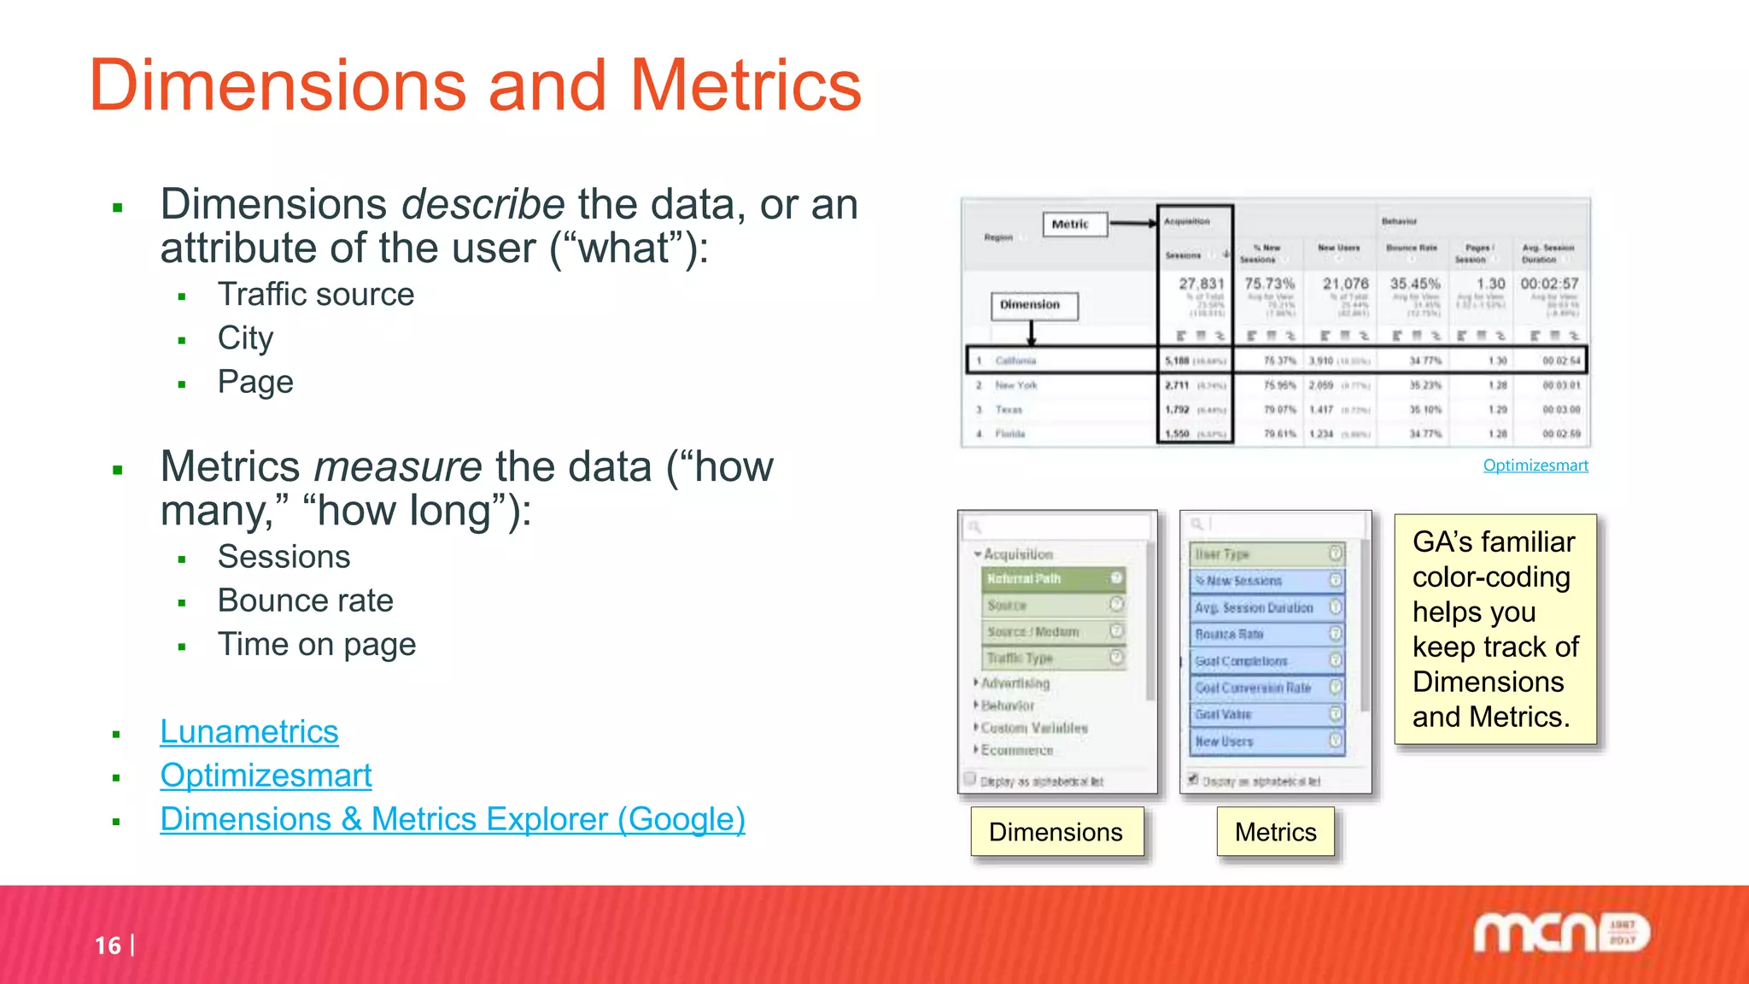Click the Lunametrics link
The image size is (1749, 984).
click(x=249, y=732)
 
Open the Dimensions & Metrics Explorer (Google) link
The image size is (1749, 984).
click(x=452, y=819)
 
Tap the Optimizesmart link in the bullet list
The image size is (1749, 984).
click(x=266, y=776)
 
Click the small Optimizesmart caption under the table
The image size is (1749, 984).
click(x=1535, y=466)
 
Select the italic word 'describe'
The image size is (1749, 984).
click(x=483, y=205)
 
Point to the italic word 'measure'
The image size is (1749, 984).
click(x=398, y=467)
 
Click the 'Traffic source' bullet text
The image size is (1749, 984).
click(x=315, y=295)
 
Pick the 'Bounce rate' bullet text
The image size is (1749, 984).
click(x=305, y=600)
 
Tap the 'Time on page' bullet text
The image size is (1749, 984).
click(x=316, y=644)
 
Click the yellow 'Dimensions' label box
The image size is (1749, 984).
click(x=1056, y=832)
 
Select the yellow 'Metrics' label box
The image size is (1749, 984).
click(x=1275, y=832)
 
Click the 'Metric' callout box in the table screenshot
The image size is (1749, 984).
click(x=1071, y=225)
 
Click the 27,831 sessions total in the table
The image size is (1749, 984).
click(x=1201, y=284)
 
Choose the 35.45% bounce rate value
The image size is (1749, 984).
click(x=1414, y=284)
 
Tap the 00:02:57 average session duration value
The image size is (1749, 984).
click(x=1549, y=284)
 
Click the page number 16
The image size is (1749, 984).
click(x=108, y=946)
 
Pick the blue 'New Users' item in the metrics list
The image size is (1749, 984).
click(x=1266, y=741)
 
